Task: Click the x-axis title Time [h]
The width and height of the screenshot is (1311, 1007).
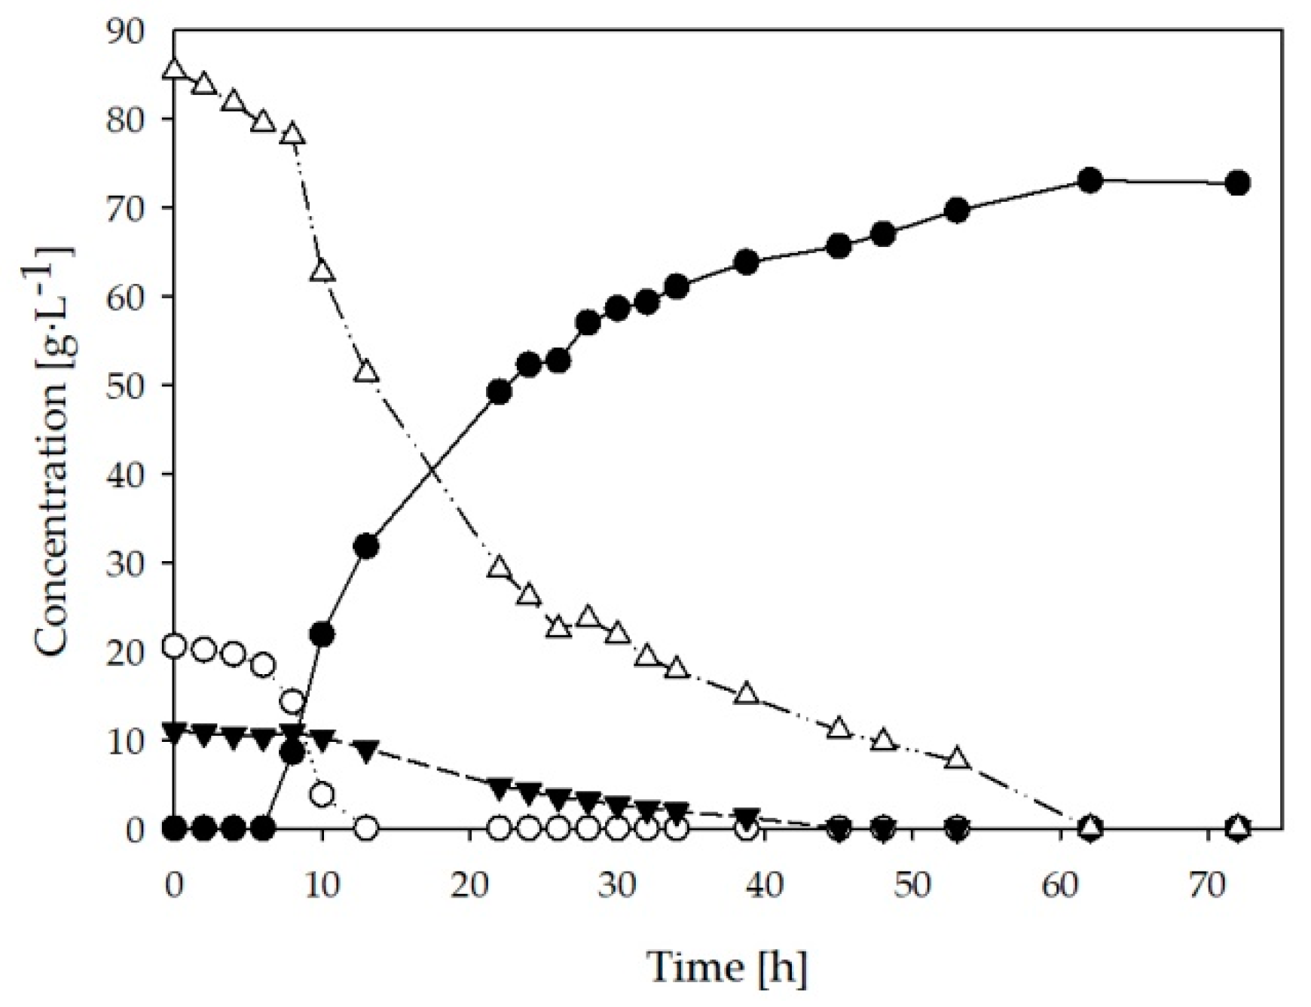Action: (x=727, y=966)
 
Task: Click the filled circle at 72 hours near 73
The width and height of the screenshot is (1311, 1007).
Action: (x=1237, y=183)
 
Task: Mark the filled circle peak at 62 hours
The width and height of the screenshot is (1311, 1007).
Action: (x=1089, y=180)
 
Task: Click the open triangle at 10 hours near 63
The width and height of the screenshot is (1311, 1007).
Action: (x=322, y=270)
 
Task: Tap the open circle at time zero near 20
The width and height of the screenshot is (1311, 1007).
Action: (x=174, y=646)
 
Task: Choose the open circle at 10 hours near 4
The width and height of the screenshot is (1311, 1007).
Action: (x=322, y=795)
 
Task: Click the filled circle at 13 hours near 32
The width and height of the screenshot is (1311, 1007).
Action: (x=366, y=546)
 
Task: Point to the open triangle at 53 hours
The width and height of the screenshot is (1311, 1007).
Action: (x=957, y=758)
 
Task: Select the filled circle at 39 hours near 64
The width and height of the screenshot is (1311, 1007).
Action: (x=746, y=263)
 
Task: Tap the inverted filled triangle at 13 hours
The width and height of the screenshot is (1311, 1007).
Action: (x=366, y=751)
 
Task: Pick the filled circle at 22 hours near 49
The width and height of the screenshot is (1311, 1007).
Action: (x=499, y=392)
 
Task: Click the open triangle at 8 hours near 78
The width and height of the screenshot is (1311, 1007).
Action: (x=292, y=135)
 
